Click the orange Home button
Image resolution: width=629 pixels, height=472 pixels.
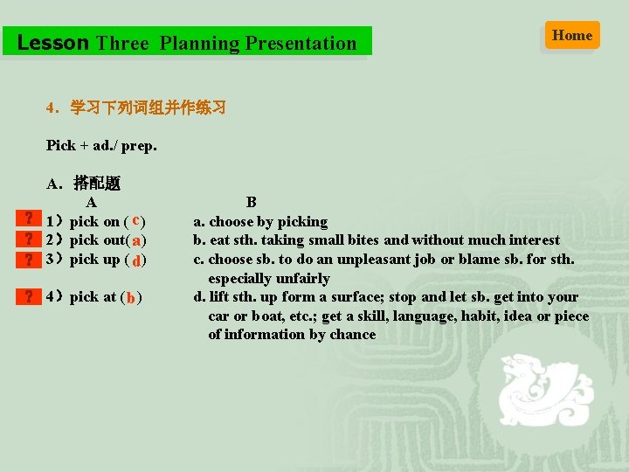(572, 35)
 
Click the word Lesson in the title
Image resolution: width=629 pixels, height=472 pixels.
(53, 43)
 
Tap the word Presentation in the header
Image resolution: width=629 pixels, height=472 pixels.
(301, 43)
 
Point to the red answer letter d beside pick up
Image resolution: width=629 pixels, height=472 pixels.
(138, 260)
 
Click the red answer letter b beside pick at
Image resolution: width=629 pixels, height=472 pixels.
(130, 298)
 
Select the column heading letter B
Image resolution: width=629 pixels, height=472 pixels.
(251, 203)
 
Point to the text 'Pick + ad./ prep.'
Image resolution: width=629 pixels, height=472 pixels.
(101, 145)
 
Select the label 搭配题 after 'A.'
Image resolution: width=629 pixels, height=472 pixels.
(97, 183)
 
